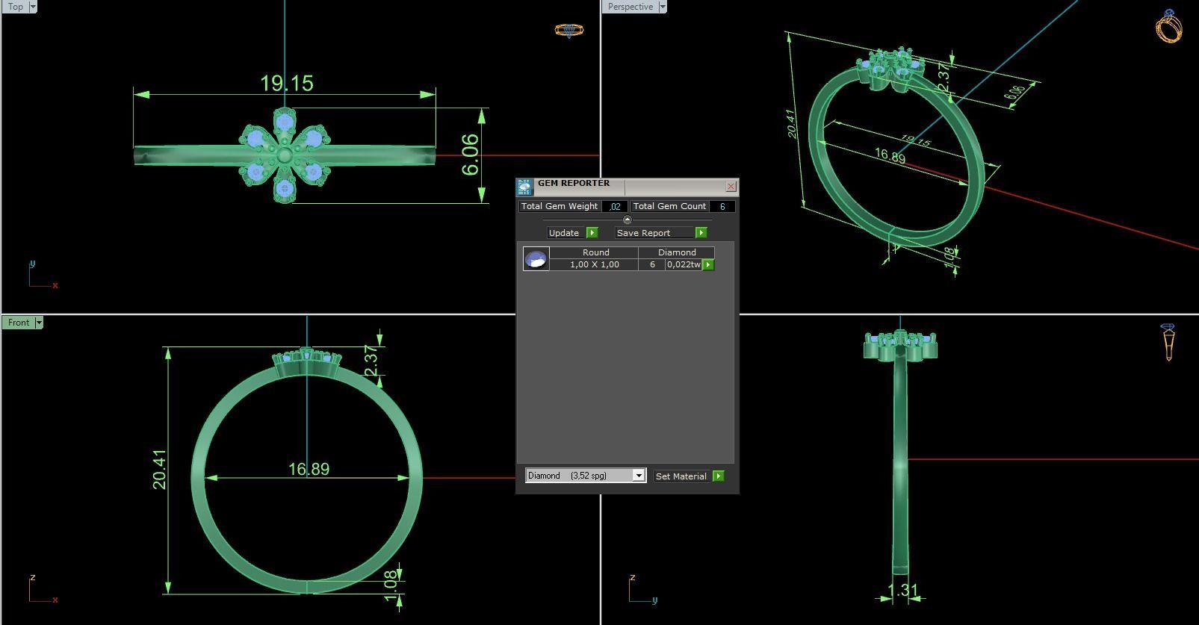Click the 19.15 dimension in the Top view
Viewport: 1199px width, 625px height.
coord(286,83)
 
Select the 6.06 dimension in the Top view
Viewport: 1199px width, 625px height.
coord(470,155)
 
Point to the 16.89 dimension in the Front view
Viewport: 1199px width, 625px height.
coord(309,469)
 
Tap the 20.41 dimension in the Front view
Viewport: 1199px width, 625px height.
coord(160,469)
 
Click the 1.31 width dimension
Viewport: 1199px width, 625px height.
coord(902,591)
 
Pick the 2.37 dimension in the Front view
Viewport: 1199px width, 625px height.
coord(371,361)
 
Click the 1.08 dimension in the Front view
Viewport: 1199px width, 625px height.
coord(390,586)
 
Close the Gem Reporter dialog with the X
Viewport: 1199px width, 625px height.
coord(731,186)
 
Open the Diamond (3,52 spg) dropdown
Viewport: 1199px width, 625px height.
coord(639,476)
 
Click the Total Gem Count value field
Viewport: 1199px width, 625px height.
coord(722,206)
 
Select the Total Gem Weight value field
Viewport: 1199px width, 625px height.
coord(615,206)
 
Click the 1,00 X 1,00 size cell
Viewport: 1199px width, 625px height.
coord(594,264)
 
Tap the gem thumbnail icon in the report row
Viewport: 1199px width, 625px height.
coord(536,259)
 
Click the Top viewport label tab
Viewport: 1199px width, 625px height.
coord(15,7)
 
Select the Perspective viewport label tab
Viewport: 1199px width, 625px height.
coord(630,7)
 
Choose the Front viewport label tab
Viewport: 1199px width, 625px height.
coord(19,323)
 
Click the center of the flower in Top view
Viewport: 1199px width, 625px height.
coord(285,156)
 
